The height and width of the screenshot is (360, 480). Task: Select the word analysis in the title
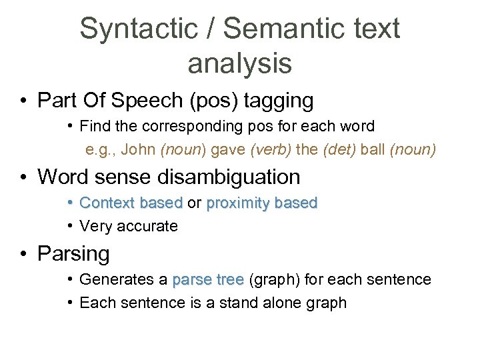click(239, 63)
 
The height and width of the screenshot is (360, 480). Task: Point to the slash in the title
click(212, 29)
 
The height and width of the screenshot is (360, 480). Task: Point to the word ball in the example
click(373, 150)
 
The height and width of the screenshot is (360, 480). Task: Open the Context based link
click(131, 203)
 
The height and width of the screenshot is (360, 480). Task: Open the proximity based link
click(262, 203)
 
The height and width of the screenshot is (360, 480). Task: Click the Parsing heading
click(73, 254)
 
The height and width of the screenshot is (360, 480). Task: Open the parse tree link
click(207, 279)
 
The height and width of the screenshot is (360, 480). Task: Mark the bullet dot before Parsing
click(23, 254)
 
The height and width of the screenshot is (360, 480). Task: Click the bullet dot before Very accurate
click(71, 226)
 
